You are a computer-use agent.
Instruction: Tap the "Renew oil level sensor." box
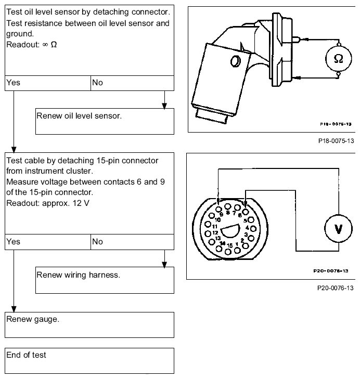105,121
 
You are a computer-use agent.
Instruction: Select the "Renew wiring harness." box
105,280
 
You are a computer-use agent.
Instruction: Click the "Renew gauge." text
33,319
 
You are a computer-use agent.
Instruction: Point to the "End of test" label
26,355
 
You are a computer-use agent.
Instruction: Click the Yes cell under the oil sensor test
48,83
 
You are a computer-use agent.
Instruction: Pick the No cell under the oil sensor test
132,83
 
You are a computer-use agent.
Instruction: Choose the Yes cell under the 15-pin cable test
48,242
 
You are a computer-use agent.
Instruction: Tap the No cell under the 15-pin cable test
132,242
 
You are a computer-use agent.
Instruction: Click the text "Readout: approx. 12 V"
48,203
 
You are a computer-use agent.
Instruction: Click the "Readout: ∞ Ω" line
31,45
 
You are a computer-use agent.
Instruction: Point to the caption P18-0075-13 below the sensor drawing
336,141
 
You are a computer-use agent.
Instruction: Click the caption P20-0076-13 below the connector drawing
336,288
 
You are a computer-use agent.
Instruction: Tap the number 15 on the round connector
229,245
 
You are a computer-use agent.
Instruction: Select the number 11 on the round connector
215,227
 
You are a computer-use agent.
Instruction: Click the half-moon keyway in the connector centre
230,231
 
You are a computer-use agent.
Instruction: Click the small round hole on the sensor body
235,61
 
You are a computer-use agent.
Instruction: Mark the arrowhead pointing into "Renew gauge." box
14,309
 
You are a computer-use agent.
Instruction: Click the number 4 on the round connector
247,227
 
